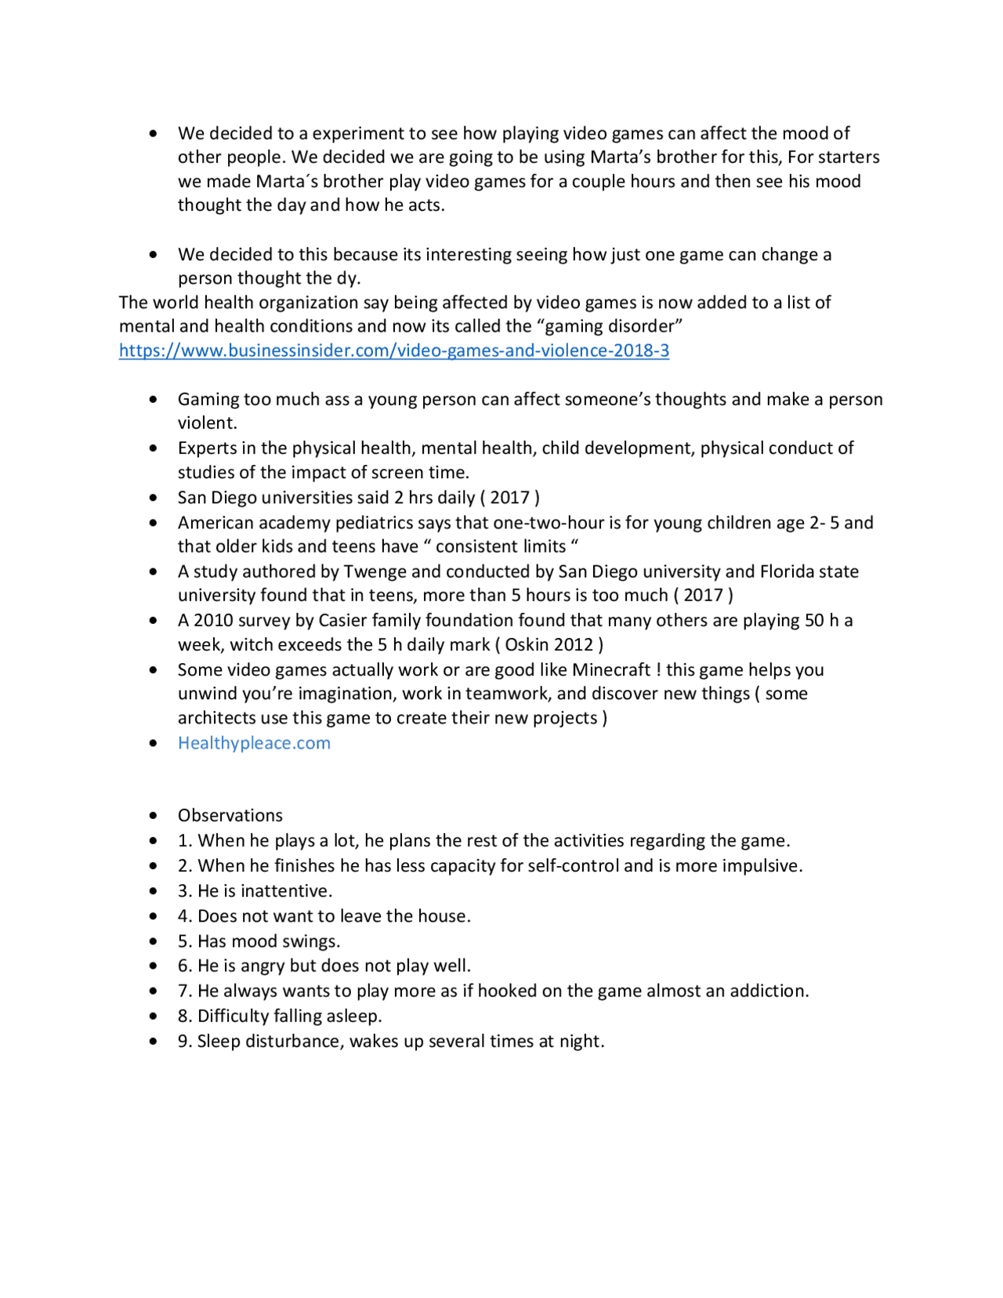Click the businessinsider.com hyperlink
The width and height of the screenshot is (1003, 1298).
(393, 350)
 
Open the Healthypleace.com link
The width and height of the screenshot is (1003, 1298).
(254, 743)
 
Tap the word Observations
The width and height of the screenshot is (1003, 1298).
(230, 815)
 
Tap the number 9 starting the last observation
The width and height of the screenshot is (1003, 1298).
(183, 1042)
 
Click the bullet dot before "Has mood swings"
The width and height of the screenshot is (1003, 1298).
(153, 941)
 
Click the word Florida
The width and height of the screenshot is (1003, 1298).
(787, 571)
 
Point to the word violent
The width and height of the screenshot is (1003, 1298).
(206, 423)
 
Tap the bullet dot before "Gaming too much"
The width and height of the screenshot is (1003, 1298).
(153, 400)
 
